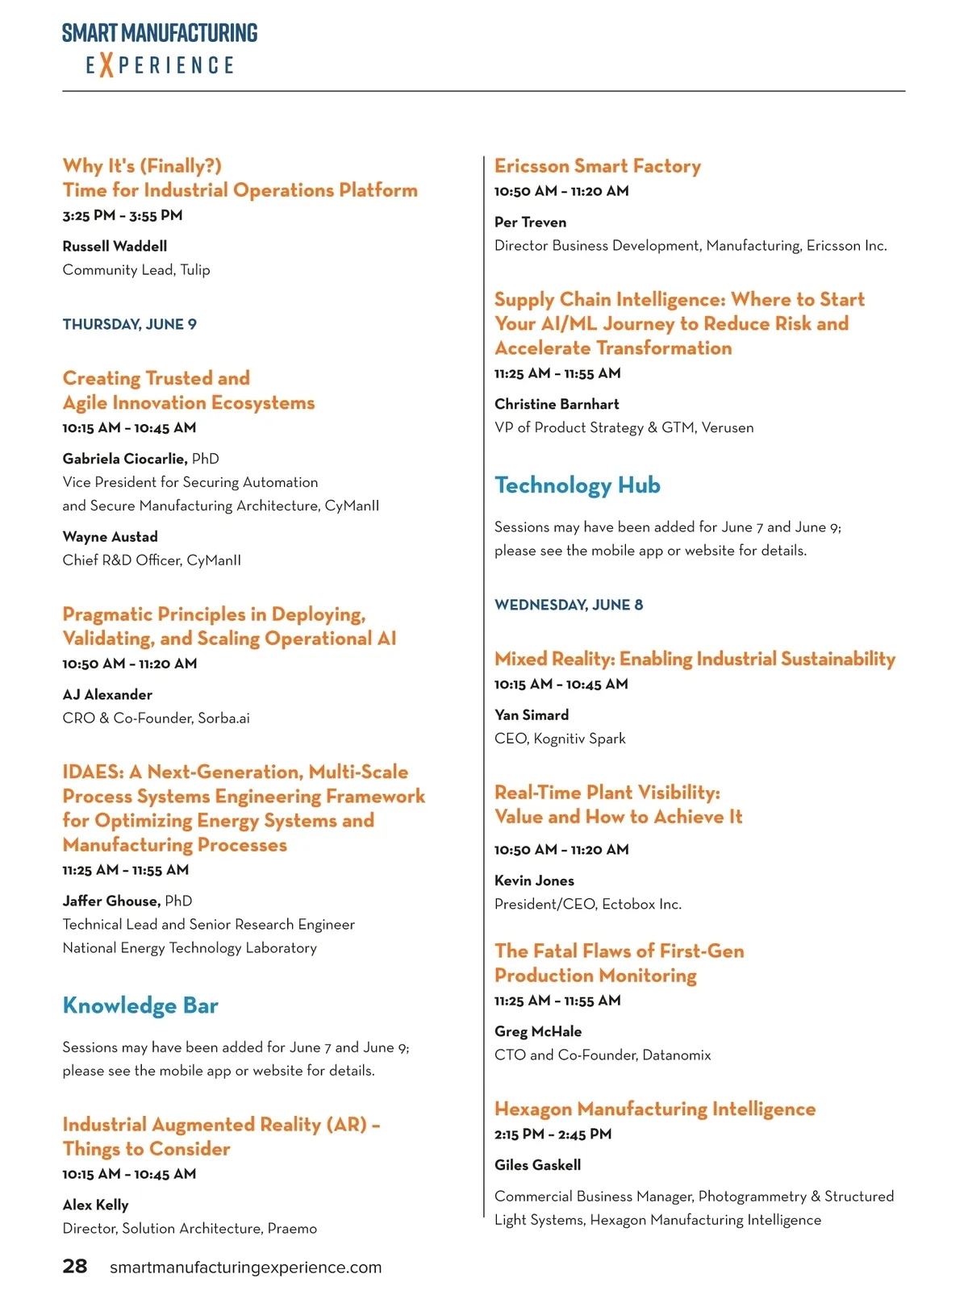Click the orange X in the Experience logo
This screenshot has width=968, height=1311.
click(106, 65)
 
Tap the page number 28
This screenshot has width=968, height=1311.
click(75, 1266)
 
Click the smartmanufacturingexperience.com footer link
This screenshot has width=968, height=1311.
click(245, 1267)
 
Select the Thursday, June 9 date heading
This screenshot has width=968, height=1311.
click(130, 324)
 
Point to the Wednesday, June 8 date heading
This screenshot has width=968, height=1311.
click(569, 605)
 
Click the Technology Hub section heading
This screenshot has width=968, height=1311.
click(578, 485)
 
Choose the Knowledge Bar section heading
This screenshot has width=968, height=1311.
click(140, 1005)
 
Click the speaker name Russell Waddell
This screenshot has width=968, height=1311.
click(115, 246)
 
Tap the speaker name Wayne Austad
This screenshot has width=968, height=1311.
click(111, 536)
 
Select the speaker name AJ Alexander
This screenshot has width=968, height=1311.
click(107, 694)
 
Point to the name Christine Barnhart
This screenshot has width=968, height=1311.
click(557, 404)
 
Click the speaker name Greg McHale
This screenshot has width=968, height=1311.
click(538, 1031)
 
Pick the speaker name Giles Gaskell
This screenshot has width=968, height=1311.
click(537, 1165)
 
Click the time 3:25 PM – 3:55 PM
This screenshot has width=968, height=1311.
click(123, 215)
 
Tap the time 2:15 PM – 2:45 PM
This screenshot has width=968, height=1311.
click(553, 1134)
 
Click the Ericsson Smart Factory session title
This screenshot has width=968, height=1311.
click(598, 166)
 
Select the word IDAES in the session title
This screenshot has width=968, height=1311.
click(91, 772)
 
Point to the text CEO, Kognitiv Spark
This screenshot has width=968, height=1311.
click(560, 739)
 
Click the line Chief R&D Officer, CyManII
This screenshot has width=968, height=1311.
click(152, 560)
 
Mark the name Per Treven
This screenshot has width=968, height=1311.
click(530, 222)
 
